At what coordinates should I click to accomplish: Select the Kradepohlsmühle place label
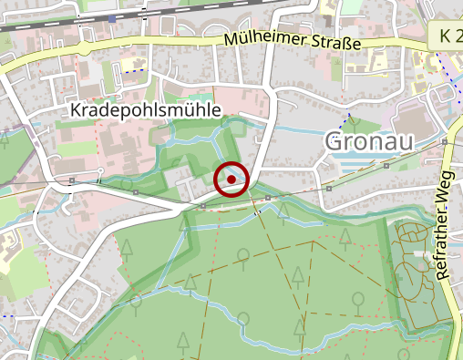[x=146, y=110]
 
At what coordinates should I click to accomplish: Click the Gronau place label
[x=369, y=142]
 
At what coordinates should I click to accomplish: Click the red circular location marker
[x=231, y=180]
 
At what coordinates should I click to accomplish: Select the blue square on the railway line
[x=112, y=17]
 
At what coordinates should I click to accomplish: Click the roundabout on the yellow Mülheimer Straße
[x=83, y=46]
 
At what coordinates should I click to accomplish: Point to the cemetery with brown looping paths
[x=421, y=274]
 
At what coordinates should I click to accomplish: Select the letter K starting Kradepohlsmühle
[x=76, y=110]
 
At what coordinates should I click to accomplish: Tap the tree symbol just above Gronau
[x=353, y=122]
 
